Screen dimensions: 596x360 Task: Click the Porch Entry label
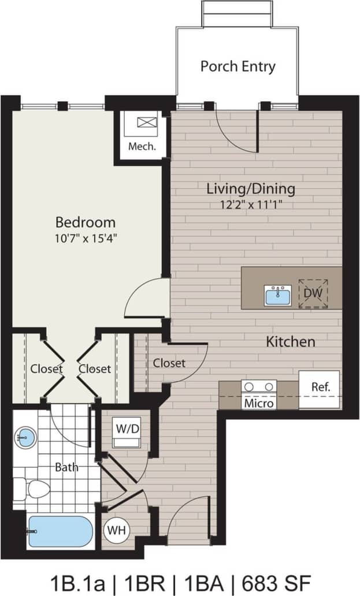(237, 66)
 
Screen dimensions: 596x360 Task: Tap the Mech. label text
(142, 147)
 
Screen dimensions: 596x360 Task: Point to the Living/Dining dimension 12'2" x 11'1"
(251, 203)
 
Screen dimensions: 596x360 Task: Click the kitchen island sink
(278, 295)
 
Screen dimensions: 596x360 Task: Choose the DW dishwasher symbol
(313, 293)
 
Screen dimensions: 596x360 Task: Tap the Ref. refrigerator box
(320, 388)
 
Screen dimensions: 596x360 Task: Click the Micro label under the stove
(258, 403)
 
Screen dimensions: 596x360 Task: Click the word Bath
(67, 467)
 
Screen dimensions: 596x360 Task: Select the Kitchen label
(290, 342)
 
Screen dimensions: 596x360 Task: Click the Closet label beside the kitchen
(169, 363)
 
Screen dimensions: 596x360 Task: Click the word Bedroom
(86, 222)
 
